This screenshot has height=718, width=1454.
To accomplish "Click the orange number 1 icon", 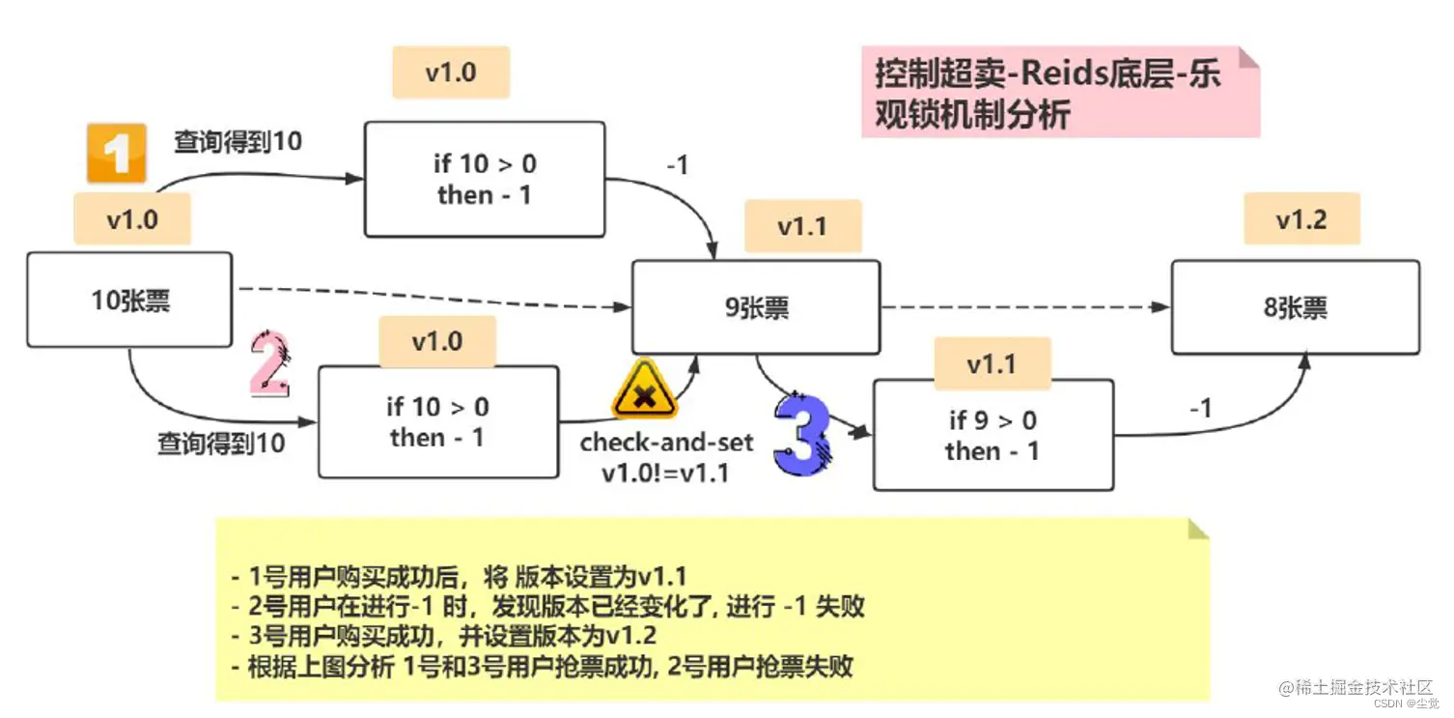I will pos(116,153).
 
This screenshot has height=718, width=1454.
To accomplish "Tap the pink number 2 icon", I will pos(269,364).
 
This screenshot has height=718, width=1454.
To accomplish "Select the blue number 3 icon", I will pos(801,436).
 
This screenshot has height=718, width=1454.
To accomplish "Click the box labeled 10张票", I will pos(129,301).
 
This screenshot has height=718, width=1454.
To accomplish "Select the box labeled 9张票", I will pos(756,307).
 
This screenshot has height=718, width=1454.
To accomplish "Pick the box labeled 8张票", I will pos(1295,307).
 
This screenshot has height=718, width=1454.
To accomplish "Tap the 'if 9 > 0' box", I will pos(993,435).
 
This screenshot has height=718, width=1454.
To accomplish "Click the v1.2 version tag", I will pos(1300,220).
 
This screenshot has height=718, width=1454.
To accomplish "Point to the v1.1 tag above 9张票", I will pos(802,227).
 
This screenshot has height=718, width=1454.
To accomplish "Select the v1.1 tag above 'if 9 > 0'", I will pos(992,364).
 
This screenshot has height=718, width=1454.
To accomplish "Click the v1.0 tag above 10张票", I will pos(132,219).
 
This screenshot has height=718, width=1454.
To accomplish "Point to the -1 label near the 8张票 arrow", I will pos(1200,409).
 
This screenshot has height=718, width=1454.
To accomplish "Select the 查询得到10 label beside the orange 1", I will pos(238,141).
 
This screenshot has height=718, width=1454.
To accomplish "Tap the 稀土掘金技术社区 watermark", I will pos(1356,687).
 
